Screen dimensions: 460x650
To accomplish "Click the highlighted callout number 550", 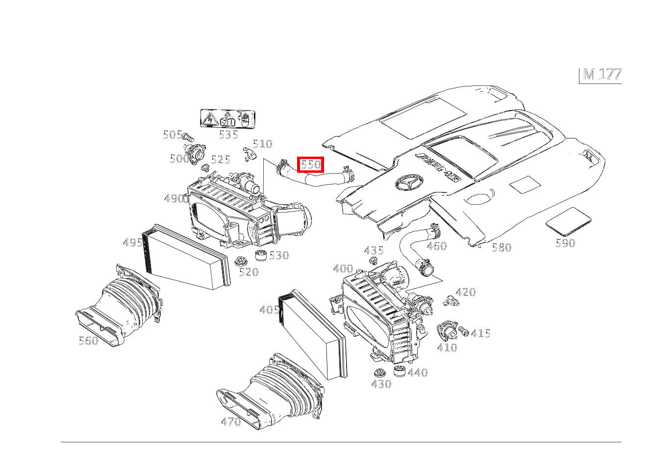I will [x=310, y=164].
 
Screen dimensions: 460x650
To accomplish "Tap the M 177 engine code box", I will [x=601, y=75].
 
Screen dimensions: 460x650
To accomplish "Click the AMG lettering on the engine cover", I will [x=439, y=167].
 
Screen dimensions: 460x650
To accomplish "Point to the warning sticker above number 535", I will [x=228, y=119].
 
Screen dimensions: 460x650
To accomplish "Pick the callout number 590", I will [x=565, y=243].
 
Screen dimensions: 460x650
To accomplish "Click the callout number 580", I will [x=501, y=247].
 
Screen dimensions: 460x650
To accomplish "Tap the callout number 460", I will [x=436, y=246].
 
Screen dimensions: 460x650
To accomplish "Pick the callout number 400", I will [x=343, y=269].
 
